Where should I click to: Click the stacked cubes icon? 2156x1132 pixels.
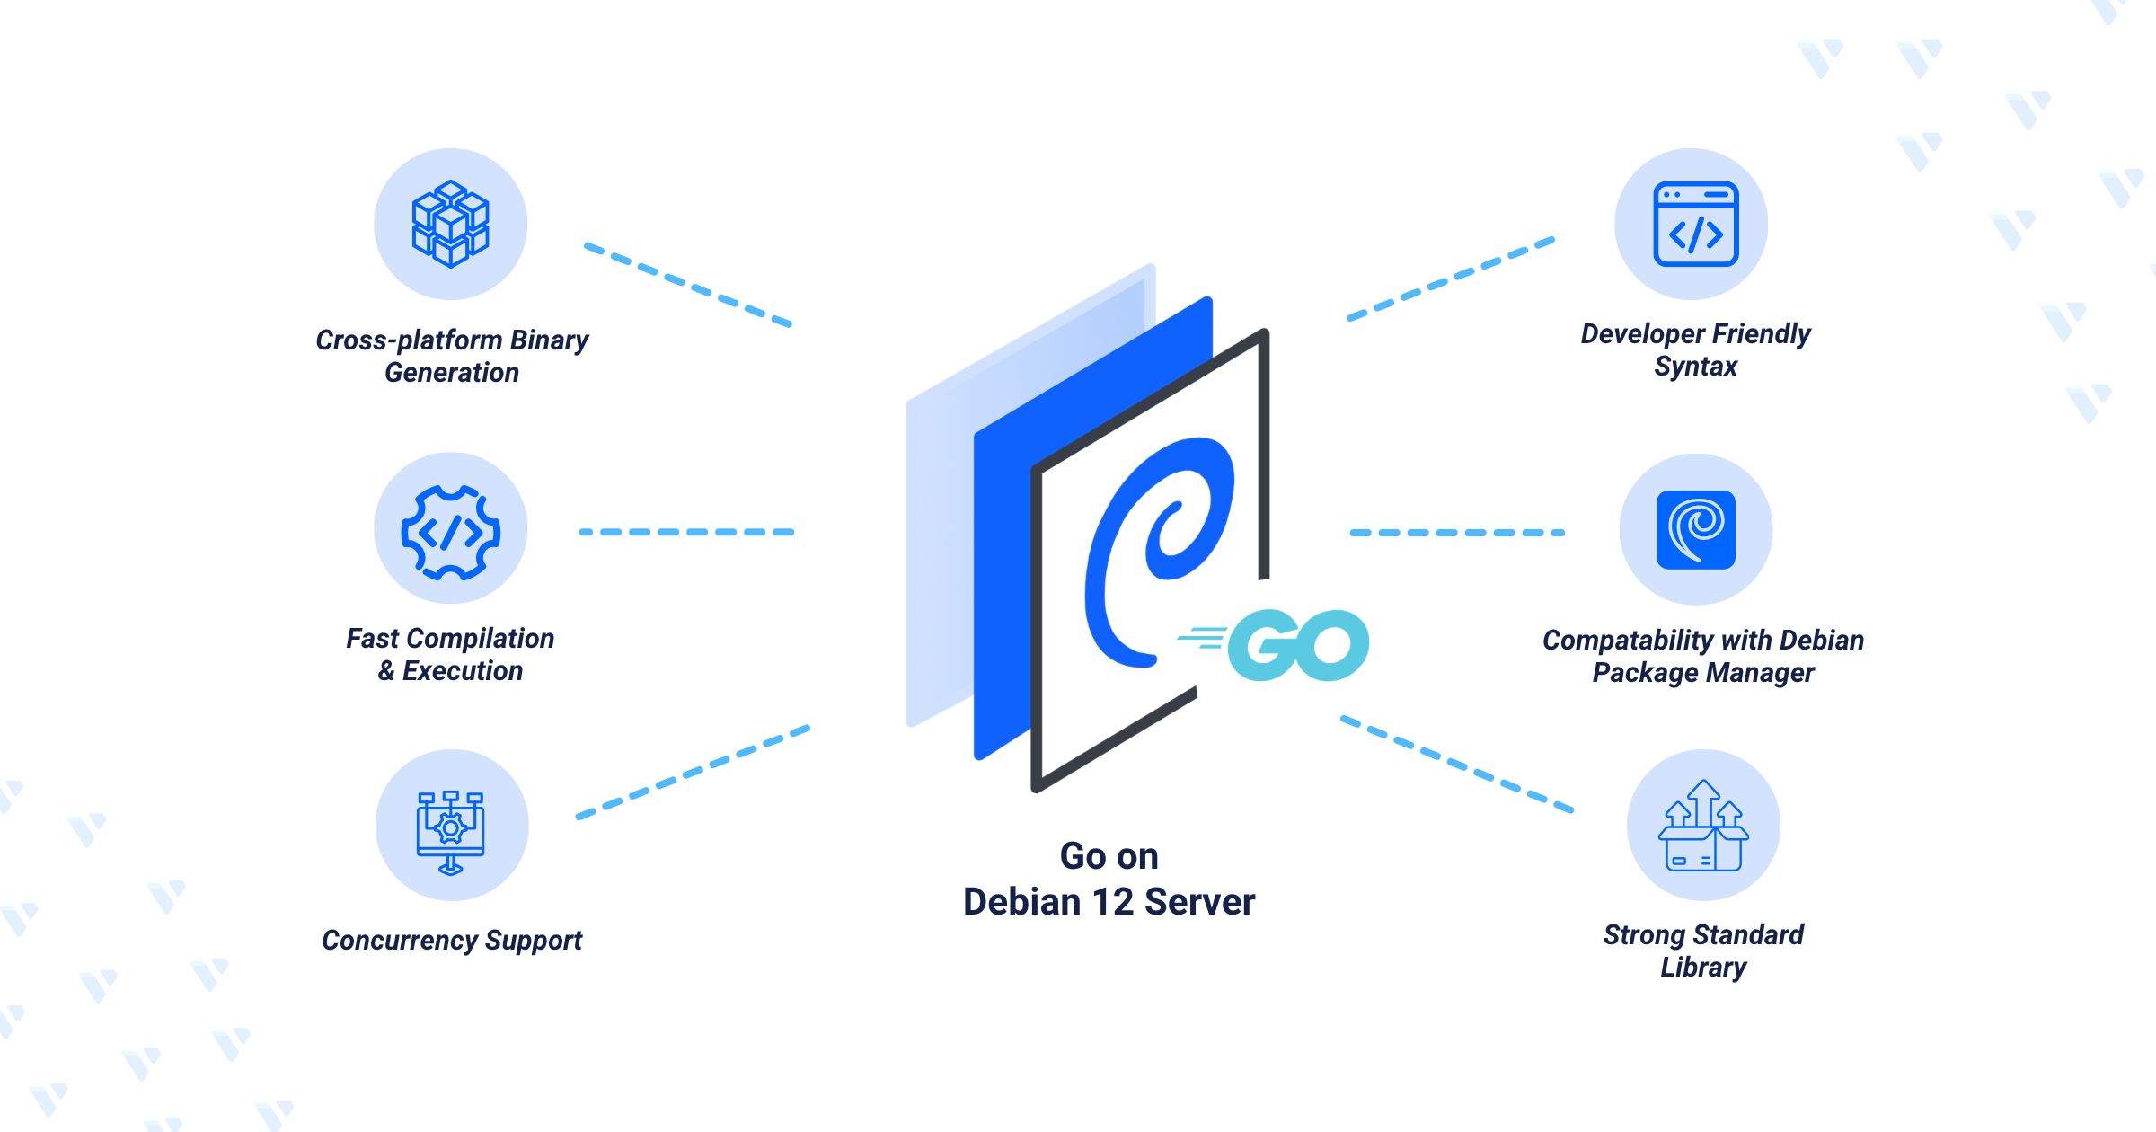coord(450,224)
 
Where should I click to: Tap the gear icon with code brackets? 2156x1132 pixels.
coord(450,532)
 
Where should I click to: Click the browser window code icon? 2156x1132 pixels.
coord(1695,224)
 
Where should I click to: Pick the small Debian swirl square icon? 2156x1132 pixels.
coord(1696,530)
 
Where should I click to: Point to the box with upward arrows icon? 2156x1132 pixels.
coord(1703,826)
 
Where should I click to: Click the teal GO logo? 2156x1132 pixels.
coord(1274,645)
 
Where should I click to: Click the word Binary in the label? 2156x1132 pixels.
coord(549,340)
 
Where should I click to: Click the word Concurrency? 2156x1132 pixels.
coord(400,941)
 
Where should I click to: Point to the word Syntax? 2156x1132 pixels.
coord(1696,367)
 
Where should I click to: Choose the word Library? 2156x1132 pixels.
coord(1703,968)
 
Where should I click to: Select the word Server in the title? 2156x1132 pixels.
coord(1200,902)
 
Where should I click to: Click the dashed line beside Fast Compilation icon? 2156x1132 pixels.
coord(687,532)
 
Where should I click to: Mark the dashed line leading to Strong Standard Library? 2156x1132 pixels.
coord(1457,764)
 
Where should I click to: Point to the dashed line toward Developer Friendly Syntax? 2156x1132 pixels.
coord(1451,279)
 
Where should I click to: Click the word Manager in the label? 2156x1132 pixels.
coord(1760,673)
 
